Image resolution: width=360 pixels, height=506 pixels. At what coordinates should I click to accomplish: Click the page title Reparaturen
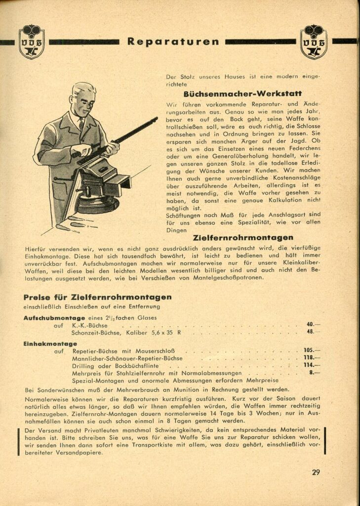coord(173,42)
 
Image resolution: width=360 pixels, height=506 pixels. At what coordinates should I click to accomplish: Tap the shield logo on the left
coord(32,42)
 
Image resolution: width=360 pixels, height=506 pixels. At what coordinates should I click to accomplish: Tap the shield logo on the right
coord(314,42)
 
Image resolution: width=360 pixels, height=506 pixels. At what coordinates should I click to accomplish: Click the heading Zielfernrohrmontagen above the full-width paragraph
coord(243,238)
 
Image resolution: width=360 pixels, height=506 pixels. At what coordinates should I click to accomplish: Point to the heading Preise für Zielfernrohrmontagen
coord(97,297)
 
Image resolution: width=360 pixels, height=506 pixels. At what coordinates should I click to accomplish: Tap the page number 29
coord(316,472)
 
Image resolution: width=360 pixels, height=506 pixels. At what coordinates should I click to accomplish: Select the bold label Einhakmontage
coord(50,343)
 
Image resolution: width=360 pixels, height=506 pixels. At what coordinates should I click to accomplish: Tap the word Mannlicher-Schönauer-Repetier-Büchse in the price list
coord(127,358)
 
